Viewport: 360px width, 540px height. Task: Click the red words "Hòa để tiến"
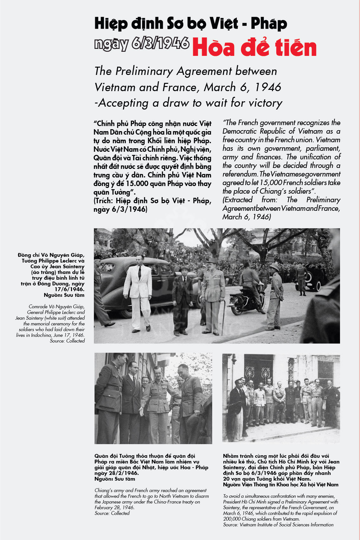[254, 47]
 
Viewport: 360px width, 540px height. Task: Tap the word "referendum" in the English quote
[240, 174]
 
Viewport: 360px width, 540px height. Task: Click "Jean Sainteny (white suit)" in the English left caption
[50, 318]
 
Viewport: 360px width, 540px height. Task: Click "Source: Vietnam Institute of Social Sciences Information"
[278, 524]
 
